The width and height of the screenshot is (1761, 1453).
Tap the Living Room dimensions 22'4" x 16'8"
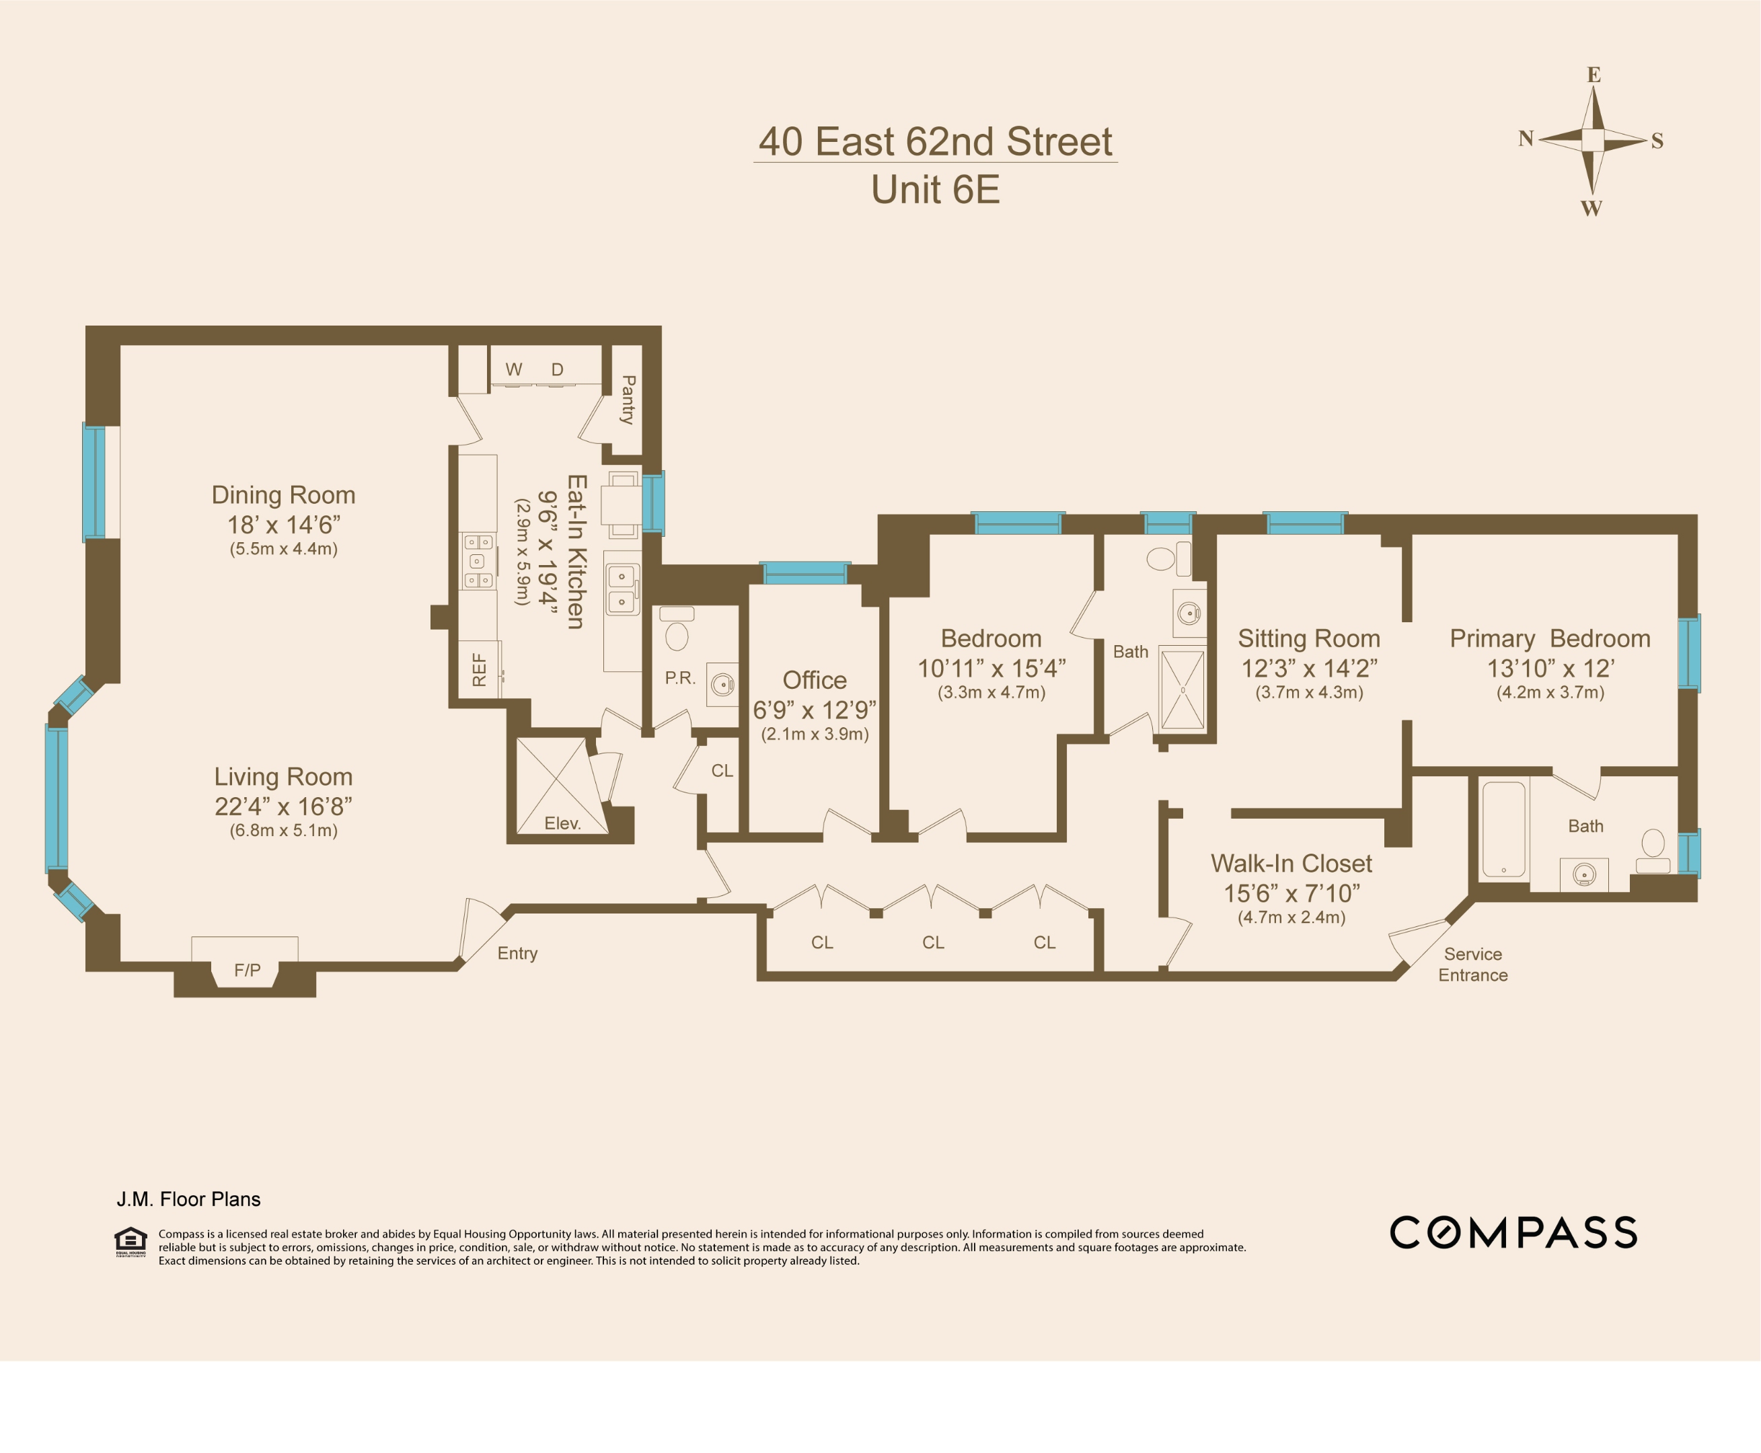(283, 806)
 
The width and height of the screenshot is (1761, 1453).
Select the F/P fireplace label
(247, 970)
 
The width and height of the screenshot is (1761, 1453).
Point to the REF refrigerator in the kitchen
(480, 669)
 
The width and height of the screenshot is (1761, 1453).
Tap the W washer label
(513, 369)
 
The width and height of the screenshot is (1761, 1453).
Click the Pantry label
(628, 400)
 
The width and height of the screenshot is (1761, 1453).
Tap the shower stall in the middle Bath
(1183, 690)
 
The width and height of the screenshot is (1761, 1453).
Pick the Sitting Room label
(1308, 638)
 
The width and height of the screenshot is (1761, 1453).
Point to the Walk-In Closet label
(1291, 863)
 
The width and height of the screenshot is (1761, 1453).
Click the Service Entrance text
(1472, 964)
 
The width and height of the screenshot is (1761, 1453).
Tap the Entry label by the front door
(517, 953)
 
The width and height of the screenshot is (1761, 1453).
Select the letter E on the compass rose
(1594, 75)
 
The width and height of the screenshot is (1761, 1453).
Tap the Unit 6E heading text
(935, 190)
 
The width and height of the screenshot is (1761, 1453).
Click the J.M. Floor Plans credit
(188, 1199)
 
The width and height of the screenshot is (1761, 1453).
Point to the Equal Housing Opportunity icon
(130, 1241)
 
